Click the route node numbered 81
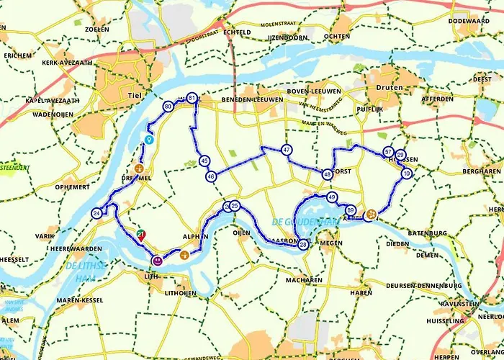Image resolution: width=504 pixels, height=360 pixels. (192, 98)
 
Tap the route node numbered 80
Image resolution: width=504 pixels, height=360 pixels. (168, 107)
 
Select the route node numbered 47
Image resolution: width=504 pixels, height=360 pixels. (287, 150)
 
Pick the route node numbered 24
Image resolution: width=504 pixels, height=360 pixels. (97, 213)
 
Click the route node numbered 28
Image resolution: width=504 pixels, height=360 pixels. (303, 245)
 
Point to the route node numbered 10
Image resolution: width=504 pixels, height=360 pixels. (407, 174)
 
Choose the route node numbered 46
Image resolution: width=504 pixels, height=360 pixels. (210, 176)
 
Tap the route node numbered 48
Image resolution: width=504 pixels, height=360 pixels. (328, 174)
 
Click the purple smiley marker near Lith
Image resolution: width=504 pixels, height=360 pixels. (157, 259)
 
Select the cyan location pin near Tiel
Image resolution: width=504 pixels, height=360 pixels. (149, 138)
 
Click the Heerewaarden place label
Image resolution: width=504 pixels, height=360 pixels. (50, 248)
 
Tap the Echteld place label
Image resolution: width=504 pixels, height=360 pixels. (236, 32)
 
